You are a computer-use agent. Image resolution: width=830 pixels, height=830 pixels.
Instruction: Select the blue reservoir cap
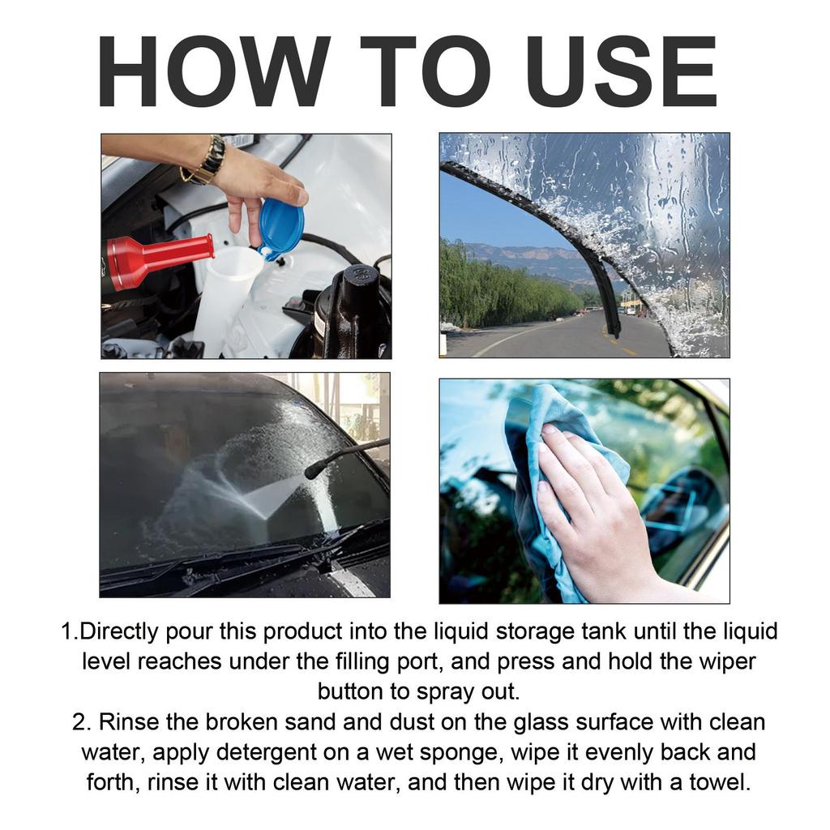pos(282,228)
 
